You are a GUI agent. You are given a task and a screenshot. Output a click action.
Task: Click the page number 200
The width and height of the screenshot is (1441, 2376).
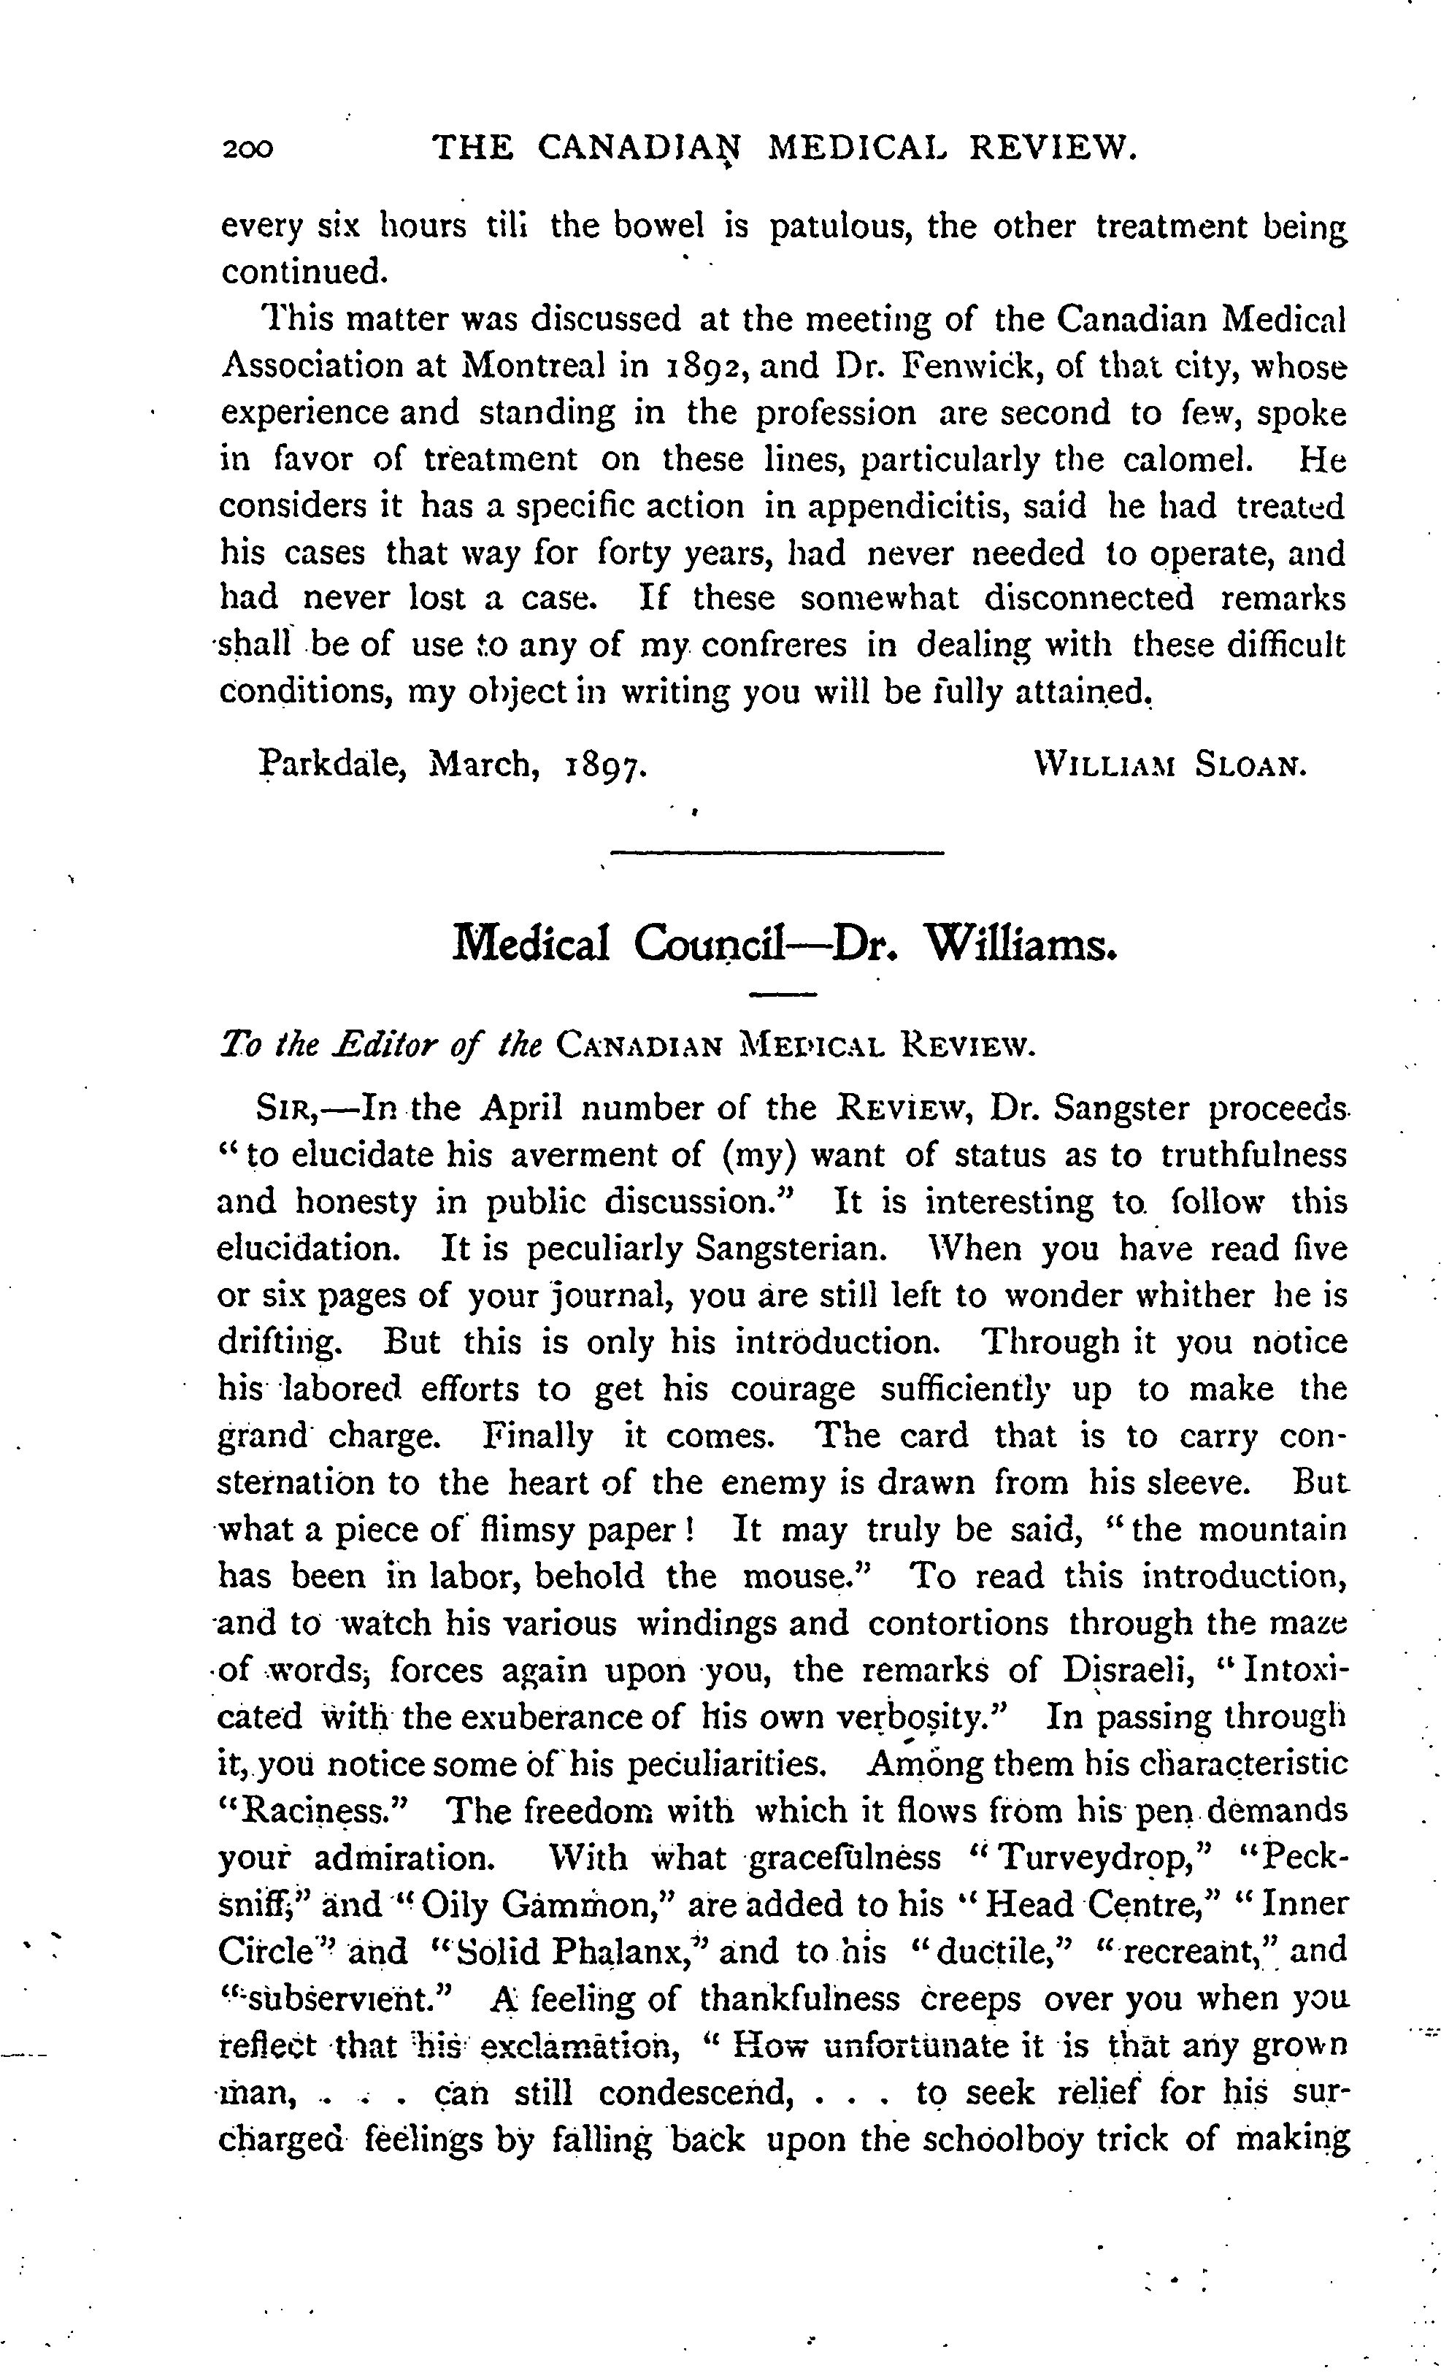tap(247, 148)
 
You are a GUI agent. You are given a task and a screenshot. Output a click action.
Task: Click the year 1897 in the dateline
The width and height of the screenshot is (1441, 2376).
tap(604, 767)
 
